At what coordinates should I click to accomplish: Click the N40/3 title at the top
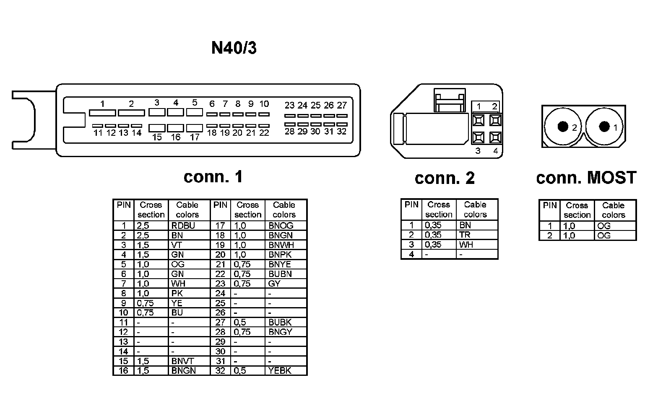[x=234, y=48]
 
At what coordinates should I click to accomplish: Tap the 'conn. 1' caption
[x=213, y=176]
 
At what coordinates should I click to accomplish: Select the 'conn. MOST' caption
[x=586, y=178]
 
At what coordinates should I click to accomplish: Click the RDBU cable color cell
[x=183, y=226]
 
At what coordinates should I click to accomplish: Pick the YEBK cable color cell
[x=280, y=371]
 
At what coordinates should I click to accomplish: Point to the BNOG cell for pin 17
[x=281, y=226]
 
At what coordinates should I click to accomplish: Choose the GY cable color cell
[x=274, y=284]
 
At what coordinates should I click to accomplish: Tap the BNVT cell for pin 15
[x=183, y=361]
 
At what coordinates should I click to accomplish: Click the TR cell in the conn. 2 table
[x=465, y=235]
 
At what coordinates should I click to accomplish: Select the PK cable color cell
[x=177, y=293]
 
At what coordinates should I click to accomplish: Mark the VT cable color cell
[x=176, y=245]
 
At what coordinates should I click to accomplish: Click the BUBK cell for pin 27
[x=280, y=323]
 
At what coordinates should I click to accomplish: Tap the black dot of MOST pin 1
[x=604, y=126]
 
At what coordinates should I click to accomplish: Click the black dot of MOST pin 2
[x=562, y=126]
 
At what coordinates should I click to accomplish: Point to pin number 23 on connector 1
[x=289, y=105]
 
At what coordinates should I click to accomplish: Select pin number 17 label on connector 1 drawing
[x=195, y=137]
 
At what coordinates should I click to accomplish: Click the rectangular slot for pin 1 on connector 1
[x=102, y=113]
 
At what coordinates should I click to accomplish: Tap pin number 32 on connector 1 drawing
[x=341, y=132]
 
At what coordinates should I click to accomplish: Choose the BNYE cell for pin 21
[x=280, y=264]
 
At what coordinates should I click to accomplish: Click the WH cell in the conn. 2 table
[x=466, y=245]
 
